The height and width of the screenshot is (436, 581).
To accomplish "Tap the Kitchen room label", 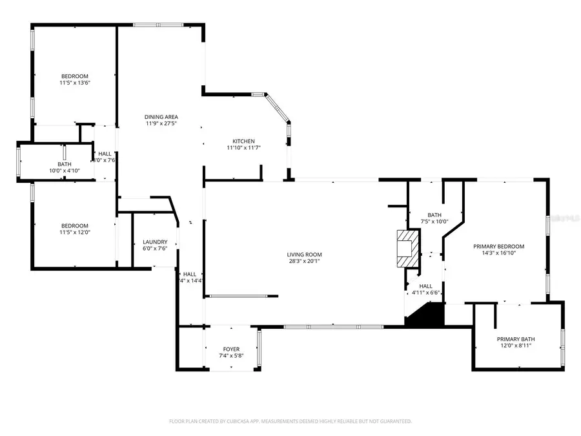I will [x=244, y=141].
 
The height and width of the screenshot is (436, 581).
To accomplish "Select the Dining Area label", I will [x=161, y=117].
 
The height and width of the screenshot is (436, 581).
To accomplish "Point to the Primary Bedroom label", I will [x=498, y=246].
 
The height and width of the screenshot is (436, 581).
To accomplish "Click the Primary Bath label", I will [x=515, y=339].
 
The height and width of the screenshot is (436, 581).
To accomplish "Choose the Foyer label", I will [x=231, y=349].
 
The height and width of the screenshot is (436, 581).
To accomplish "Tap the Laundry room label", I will [x=155, y=242].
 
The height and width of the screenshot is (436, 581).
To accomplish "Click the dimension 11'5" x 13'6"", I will [x=75, y=83].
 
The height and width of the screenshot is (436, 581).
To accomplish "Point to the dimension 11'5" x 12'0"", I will [x=75, y=233].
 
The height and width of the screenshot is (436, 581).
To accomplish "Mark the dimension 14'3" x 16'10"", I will [x=498, y=253].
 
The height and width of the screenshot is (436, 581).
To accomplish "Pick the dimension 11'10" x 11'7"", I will [x=244, y=149].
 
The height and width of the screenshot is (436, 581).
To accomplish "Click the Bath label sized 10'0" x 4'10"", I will [x=65, y=164].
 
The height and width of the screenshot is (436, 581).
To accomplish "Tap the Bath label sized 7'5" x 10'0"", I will [x=434, y=215].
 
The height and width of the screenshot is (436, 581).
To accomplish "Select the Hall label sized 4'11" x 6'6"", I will [x=426, y=286].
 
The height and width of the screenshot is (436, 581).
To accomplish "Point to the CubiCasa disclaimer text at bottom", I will [x=290, y=421].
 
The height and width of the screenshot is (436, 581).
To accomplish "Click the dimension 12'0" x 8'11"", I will [x=515, y=346].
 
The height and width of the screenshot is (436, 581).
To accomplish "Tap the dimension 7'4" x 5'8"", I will [x=231, y=357].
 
